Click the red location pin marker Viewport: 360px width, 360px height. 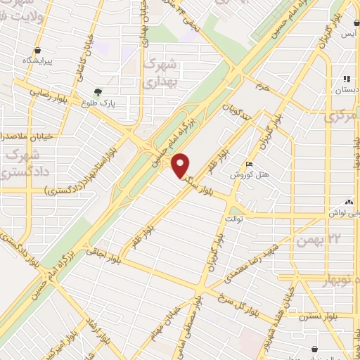click(x=181, y=165)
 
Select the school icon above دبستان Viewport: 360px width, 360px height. click(x=346, y=79)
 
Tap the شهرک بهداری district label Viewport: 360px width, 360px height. click(x=162, y=73)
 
